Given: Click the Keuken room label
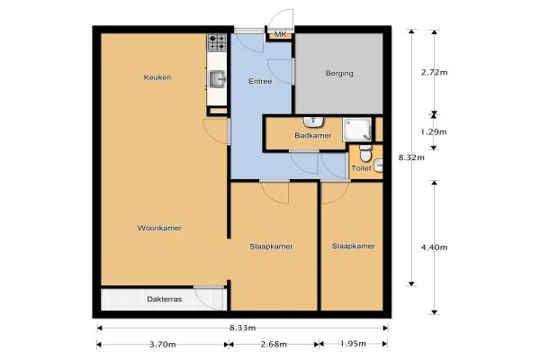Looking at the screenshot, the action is click(x=157, y=77).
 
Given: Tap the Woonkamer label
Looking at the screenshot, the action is click(x=159, y=228).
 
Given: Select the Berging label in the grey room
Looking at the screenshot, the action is click(x=339, y=74).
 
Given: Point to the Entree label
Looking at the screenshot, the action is click(x=260, y=81).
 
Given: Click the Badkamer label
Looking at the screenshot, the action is click(x=313, y=135).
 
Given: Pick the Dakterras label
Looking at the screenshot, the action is click(x=165, y=299).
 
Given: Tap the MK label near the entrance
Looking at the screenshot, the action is click(x=280, y=34).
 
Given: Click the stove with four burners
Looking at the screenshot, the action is click(x=217, y=42).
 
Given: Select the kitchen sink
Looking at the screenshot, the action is click(x=217, y=79).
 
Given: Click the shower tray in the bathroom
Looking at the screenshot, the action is click(x=357, y=130).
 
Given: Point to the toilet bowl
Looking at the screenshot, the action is click(x=365, y=153).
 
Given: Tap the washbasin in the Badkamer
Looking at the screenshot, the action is click(x=313, y=122).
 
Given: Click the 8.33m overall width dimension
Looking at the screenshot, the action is click(x=243, y=328).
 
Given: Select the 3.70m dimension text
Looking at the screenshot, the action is click(x=163, y=344).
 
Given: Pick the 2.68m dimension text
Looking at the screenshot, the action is click(x=274, y=344).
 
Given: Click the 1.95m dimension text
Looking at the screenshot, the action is click(x=353, y=344).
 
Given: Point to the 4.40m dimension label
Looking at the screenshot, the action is click(x=435, y=247).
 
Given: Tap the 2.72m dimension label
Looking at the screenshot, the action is click(x=435, y=72).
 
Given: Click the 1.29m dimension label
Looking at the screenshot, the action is click(x=434, y=132).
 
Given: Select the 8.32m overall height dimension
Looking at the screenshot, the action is click(x=411, y=157).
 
